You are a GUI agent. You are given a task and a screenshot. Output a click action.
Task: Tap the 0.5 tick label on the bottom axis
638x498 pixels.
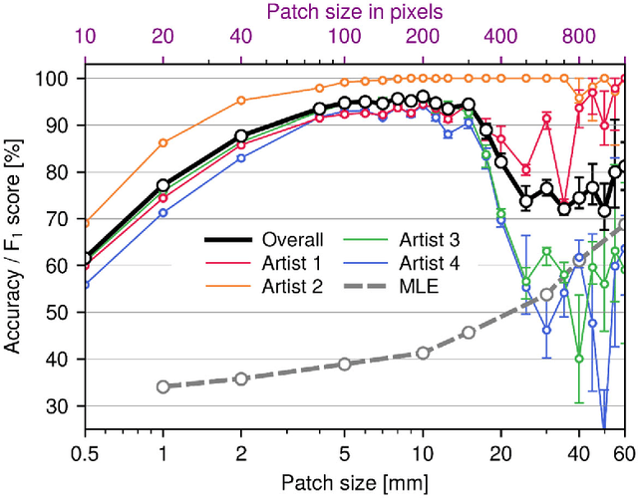pos(85,453)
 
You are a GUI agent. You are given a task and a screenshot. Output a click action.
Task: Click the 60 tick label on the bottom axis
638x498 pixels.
pos(624,453)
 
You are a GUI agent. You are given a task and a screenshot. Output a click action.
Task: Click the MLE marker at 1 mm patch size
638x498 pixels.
pos(162,386)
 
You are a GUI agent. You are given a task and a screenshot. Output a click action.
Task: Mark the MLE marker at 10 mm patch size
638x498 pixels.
pos(423,353)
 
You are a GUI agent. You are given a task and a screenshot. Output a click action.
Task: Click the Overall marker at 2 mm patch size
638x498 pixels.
pos(240,135)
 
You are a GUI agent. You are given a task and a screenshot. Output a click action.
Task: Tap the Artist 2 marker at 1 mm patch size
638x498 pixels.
pos(162,142)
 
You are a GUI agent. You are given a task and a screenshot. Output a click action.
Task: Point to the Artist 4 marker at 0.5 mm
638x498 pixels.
pos(85,285)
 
